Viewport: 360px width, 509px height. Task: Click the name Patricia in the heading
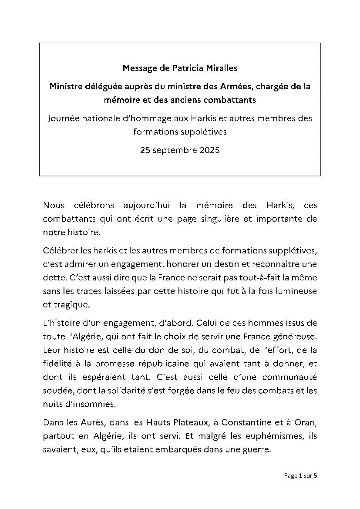(180, 68)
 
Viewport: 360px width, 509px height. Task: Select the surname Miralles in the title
(217, 68)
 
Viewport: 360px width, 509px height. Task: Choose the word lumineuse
(295, 290)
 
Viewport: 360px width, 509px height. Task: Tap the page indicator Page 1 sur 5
(301, 475)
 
